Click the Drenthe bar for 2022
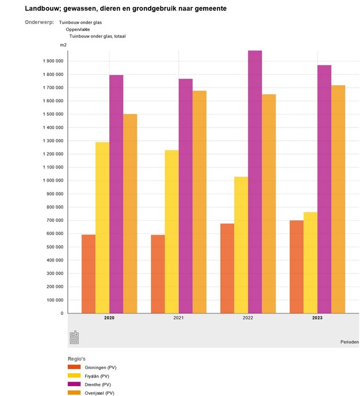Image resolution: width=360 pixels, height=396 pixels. [255, 182]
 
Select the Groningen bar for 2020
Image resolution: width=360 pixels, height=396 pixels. [88, 274]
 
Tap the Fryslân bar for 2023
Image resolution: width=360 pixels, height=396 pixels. [310, 262]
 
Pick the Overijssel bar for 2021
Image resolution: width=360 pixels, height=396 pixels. [199, 202]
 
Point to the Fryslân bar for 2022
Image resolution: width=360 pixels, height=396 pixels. [241, 245]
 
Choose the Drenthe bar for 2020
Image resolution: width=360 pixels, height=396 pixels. [116, 194]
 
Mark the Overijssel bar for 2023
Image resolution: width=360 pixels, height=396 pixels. [338, 199]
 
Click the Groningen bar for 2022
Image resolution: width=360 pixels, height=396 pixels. [227, 268]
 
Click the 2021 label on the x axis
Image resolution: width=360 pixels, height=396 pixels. [178, 318]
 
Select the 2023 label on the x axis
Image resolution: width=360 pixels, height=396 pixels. [317, 318]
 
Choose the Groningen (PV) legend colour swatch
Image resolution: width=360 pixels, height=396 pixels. [74, 367]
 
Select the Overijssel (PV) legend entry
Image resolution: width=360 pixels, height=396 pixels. [99, 393]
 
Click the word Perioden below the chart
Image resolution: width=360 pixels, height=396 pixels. [348, 342]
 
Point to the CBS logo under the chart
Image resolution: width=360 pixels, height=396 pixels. [75, 337]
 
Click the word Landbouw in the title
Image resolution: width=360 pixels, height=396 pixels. [45, 9]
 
